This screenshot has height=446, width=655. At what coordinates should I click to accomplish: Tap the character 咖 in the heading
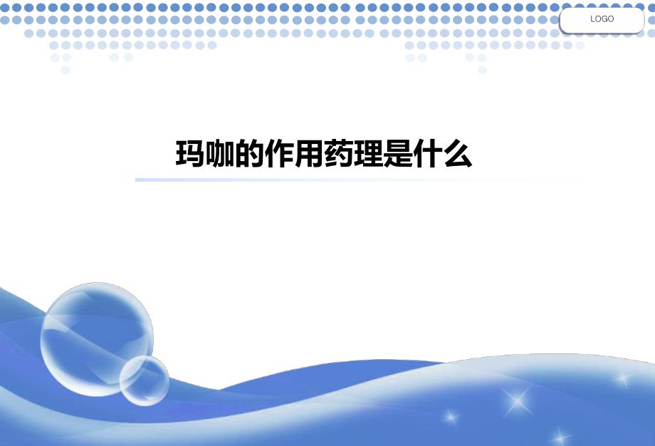click(x=220, y=154)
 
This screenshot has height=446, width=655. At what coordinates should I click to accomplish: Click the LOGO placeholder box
click(x=602, y=20)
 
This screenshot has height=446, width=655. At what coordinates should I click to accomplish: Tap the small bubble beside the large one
click(x=144, y=380)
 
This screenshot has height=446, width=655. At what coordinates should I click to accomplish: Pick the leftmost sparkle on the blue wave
click(x=450, y=417)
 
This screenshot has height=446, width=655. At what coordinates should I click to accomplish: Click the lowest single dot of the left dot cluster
click(x=65, y=70)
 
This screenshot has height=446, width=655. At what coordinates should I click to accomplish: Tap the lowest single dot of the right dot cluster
click(x=482, y=70)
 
